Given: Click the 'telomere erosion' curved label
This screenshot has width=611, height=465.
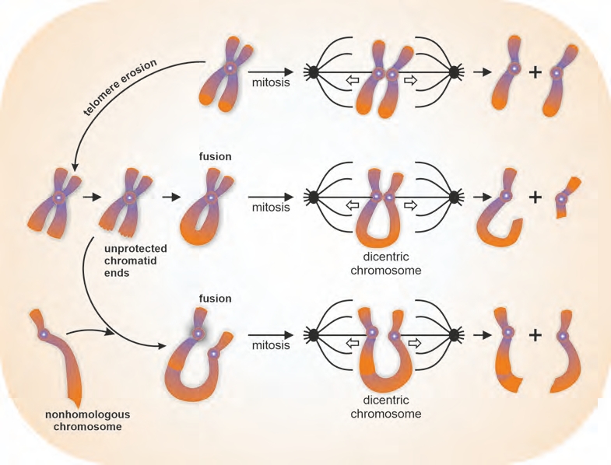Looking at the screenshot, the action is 120,88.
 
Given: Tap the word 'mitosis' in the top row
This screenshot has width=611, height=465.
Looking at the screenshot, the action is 271,82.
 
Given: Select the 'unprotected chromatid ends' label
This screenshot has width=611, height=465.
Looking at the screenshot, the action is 135,260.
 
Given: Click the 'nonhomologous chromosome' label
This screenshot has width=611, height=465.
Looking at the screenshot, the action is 88,420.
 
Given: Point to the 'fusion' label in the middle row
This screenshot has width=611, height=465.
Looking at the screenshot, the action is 215,156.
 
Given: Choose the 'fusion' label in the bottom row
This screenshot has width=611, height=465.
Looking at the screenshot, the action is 215,299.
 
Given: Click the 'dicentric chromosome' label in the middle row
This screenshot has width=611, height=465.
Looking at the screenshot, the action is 386,264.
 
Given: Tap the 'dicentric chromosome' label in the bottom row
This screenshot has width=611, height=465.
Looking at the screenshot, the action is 386,407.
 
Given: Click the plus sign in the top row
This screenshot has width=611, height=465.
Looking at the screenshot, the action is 536,72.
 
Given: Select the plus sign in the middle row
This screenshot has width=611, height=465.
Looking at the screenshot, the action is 536,198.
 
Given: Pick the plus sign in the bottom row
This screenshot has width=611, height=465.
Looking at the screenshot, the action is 536,335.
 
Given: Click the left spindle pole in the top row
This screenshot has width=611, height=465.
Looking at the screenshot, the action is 314,72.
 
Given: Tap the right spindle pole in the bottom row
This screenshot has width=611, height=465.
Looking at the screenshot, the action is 454,335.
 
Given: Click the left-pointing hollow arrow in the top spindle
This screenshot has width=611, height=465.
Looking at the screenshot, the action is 353,80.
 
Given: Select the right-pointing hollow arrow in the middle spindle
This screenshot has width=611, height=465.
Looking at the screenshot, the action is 411,205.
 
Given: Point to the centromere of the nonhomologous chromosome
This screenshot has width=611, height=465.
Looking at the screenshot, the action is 44,334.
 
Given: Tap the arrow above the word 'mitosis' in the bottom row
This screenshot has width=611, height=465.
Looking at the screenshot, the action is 270,335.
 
